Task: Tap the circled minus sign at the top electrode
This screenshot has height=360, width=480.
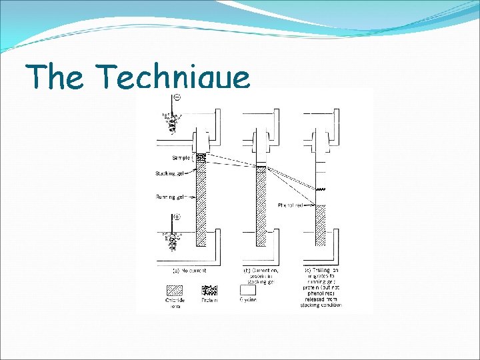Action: pyautogui.click(x=177, y=98)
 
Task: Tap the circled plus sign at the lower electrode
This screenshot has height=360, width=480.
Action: pyautogui.click(x=177, y=217)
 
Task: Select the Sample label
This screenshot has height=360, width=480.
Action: pyautogui.click(x=180, y=159)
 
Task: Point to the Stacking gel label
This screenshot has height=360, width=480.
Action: pyautogui.click(x=171, y=173)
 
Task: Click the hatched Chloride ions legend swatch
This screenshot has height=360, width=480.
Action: pyautogui.click(x=174, y=291)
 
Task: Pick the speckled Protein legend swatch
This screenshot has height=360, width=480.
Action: pyautogui.click(x=210, y=291)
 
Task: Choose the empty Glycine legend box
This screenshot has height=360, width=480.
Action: pyautogui.click(x=247, y=291)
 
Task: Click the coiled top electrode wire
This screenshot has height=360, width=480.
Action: pyautogui.click(x=172, y=123)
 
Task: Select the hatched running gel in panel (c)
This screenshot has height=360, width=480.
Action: pyautogui.click(x=321, y=223)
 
